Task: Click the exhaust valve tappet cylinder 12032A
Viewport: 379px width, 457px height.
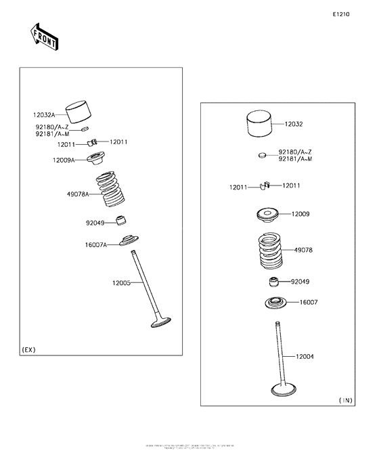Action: click(79, 111)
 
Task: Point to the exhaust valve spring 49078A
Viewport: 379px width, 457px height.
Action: click(110, 190)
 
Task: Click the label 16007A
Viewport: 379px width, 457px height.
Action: click(96, 245)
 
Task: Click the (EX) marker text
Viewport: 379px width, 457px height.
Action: click(28, 349)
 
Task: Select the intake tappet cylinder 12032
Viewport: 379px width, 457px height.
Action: click(260, 124)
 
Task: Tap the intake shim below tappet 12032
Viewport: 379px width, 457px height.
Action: click(263, 155)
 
